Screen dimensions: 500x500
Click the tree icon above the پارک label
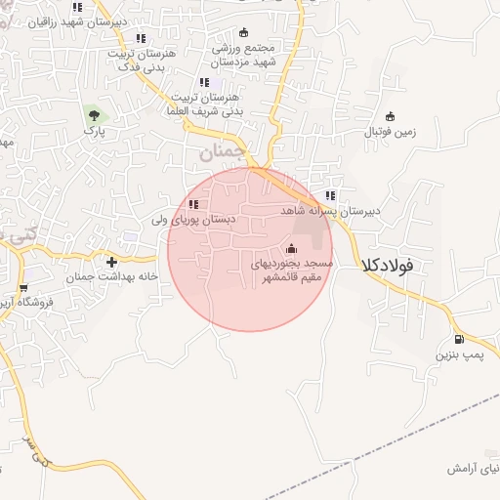pos(94,114)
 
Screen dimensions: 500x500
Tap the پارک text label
pos(94,130)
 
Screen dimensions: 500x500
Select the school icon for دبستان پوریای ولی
pos(193,204)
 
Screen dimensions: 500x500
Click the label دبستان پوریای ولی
pos(192,221)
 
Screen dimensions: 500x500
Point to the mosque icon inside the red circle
pos(292,247)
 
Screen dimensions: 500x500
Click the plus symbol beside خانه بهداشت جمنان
pos(111,262)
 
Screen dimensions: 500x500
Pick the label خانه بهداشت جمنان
pos(111,277)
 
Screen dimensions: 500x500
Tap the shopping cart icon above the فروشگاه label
pos(22,288)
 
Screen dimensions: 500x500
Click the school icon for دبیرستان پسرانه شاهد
pos(330,195)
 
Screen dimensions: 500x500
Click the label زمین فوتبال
pos(390,131)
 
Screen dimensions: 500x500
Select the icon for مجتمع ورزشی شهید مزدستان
pos(244,32)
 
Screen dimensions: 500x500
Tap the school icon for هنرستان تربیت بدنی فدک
pos(142,38)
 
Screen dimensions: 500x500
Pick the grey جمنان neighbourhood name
pos(219,153)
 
